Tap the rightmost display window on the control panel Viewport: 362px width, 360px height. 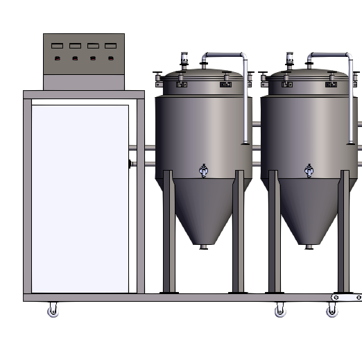pos(110,46)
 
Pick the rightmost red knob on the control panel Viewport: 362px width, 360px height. pos(110,59)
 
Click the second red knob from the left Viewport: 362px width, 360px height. pos(75,59)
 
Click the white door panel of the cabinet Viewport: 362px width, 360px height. pos(80,198)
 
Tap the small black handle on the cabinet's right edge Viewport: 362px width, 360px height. pos(130,164)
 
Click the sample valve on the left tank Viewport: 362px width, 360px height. pos(203,170)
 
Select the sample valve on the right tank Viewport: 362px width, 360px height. pos(309,170)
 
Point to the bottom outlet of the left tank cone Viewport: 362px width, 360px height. pos(203,246)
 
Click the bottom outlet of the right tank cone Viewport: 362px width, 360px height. pos(309,246)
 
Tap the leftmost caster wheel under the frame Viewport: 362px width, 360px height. pos(53,311)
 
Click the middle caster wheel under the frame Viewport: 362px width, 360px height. pos(279,311)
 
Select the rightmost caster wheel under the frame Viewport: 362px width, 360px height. pos(331,311)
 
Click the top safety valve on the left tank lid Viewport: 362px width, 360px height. pos(184,59)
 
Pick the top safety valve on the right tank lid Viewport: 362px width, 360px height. pos(290,59)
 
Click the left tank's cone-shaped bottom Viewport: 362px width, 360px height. pos(203,208)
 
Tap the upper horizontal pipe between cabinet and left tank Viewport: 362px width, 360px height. pos(141,147)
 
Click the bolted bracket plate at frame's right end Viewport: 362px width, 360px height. pos(345,296)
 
